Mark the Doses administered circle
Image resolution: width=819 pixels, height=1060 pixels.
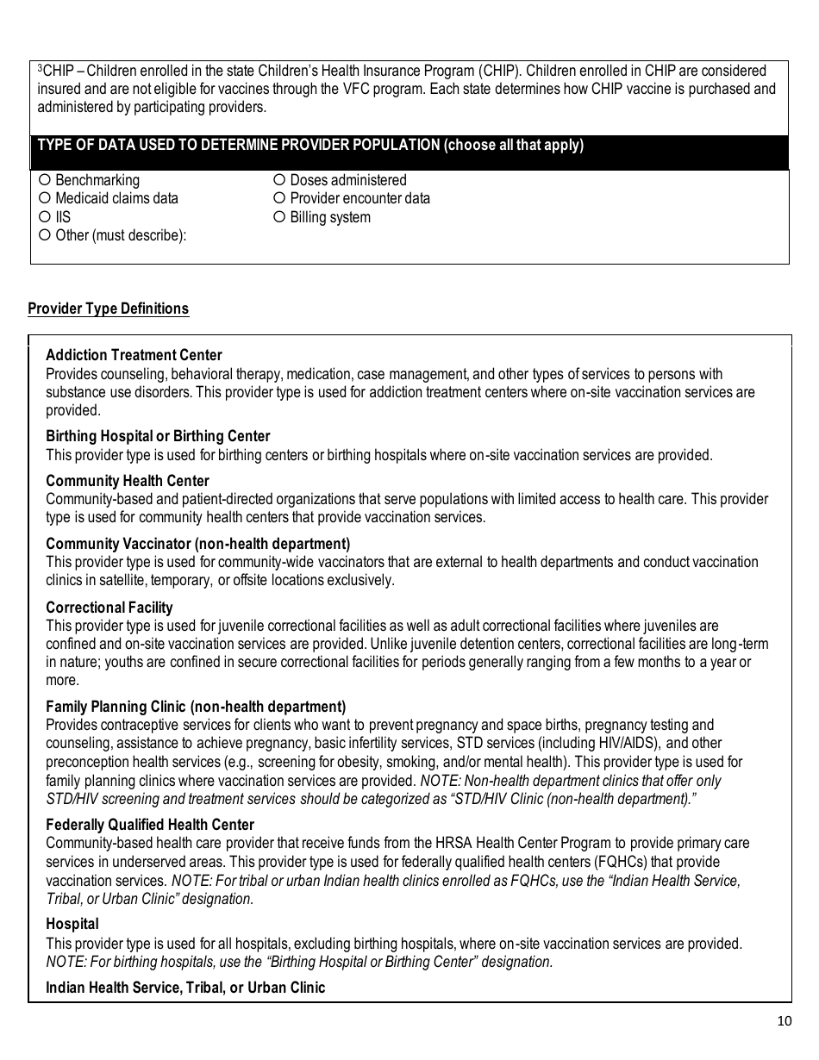[x=279, y=180]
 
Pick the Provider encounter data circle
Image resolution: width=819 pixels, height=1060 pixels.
[x=279, y=199]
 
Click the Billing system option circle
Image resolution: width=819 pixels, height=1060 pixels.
[x=279, y=217]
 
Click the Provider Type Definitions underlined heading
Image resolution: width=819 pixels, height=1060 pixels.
[x=109, y=309]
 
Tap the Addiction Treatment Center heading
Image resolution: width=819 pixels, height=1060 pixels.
[x=134, y=355]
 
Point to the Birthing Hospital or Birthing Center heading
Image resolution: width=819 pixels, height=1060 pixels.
[x=158, y=436]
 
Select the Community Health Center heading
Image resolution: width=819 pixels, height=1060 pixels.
[x=128, y=481]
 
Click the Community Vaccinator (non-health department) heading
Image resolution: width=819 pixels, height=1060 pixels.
[x=198, y=544]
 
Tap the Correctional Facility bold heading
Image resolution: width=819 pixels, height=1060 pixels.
[x=109, y=608]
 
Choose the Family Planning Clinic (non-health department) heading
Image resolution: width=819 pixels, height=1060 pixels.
[x=196, y=707]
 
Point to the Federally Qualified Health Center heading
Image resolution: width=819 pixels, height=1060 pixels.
[x=150, y=825]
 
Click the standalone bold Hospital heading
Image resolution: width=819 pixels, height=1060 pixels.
[x=72, y=924]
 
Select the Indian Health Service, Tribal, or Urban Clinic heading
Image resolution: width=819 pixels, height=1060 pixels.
[x=185, y=988]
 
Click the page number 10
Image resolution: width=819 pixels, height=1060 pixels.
[x=784, y=1022]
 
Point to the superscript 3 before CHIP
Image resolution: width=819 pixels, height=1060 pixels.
[x=40, y=67]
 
